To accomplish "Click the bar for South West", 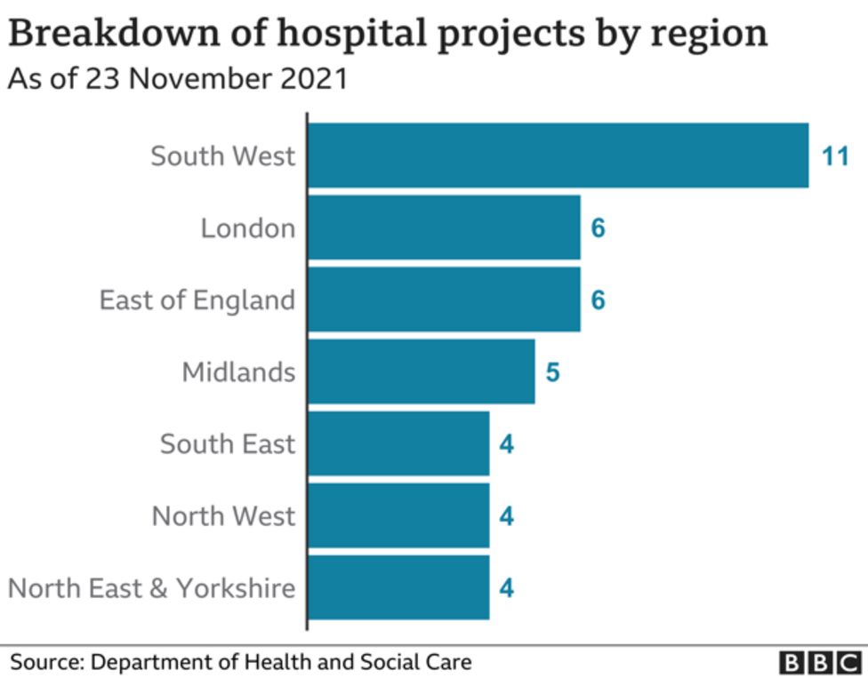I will pos(558,156).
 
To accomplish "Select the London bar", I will pos(444,228).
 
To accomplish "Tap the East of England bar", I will pos(444,300).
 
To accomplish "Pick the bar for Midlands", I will pos(421,371).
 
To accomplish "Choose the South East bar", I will pos(398,443).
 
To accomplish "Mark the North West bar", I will pos(398,515).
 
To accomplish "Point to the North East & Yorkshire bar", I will pos(398,587).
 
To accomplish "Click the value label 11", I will pos(836,157).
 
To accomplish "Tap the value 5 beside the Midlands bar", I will pos(552,372).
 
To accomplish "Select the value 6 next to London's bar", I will pos(598,229).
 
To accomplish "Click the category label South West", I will pos(222,156).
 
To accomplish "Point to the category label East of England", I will pos(197,300).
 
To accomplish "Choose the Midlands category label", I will pos(238,371).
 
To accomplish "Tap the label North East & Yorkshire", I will pos(151,587).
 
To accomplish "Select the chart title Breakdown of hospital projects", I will pos(388,34).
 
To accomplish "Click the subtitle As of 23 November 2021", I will pos(177,79).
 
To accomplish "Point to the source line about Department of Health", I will pos(241,662).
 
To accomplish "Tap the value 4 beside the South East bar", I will pos(507,444).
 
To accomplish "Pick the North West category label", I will pos(223,515).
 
